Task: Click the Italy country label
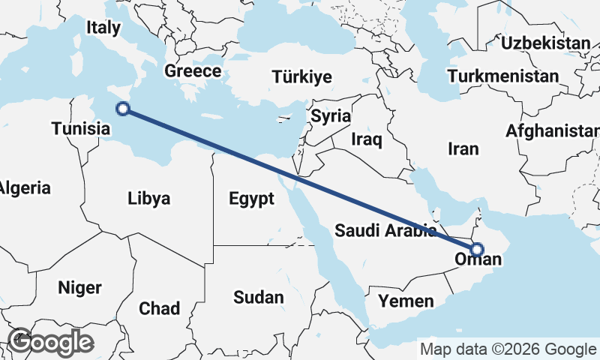click(103, 28)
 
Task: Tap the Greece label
click(193, 71)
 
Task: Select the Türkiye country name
click(302, 77)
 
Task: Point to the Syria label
click(331, 116)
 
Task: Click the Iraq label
click(367, 139)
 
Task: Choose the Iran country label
click(463, 148)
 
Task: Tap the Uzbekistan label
click(546, 43)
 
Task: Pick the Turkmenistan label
click(502, 76)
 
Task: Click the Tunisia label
click(81, 128)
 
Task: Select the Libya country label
click(148, 199)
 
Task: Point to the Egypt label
click(252, 199)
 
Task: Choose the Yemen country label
click(406, 301)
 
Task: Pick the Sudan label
click(259, 297)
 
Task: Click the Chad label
click(159, 308)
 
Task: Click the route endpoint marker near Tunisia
click(124, 109)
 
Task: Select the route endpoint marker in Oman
click(476, 250)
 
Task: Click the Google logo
click(50, 342)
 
